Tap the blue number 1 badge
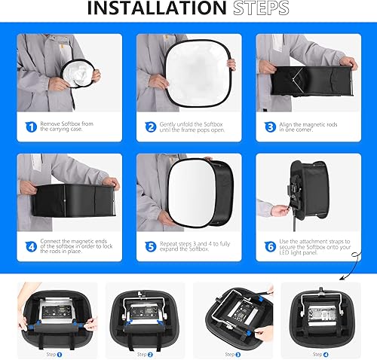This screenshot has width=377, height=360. tap(32, 127)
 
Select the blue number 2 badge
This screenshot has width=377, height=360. tap(151, 127)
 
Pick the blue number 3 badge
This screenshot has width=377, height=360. tap(271, 127)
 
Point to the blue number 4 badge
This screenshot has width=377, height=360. tap(32, 246)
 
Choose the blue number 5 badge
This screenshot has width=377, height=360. tap(151, 246)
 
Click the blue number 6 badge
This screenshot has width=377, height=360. tap(271, 246)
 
